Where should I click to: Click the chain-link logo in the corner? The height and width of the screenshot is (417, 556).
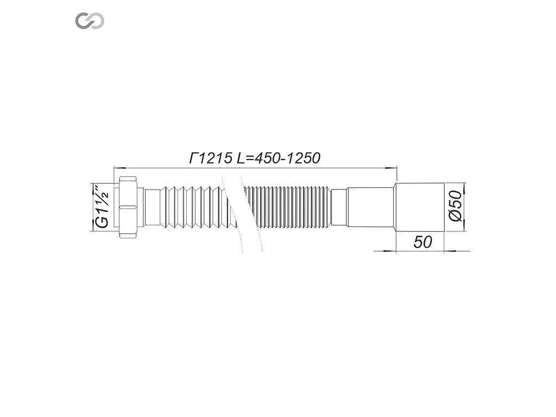tap(90, 21)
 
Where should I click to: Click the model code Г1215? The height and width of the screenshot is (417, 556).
tap(211, 158)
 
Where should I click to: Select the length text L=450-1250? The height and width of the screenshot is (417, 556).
tap(279, 158)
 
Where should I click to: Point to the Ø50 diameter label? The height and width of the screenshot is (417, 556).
tap(456, 206)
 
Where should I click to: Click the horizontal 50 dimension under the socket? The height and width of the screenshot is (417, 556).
tap(422, 242)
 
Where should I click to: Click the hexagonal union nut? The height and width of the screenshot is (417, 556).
tap(128, 207)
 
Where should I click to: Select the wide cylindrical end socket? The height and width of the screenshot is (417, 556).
tap(420, 207)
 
